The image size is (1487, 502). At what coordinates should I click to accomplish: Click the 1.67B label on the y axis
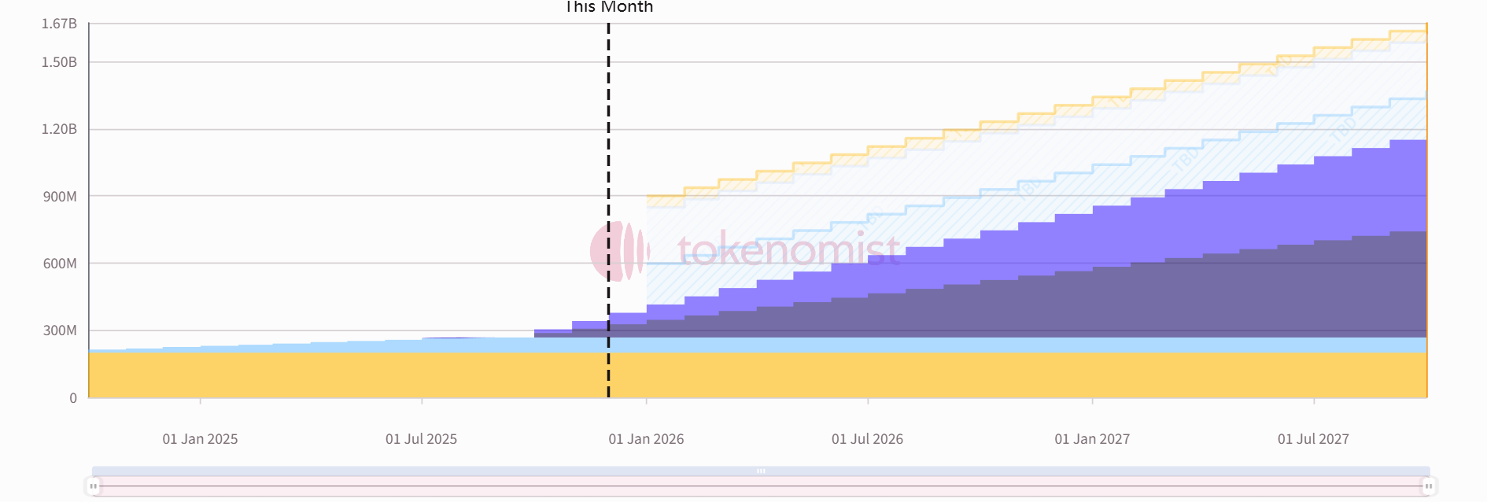59,24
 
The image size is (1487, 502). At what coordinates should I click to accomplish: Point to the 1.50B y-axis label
59,62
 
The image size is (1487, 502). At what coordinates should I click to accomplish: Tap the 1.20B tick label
59,129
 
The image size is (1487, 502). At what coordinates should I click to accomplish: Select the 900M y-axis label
60,196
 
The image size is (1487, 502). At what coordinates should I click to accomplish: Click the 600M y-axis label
60,264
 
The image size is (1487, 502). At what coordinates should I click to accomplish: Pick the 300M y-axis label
60,330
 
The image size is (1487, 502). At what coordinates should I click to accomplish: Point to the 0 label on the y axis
73,398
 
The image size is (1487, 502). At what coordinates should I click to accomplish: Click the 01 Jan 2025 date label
200,439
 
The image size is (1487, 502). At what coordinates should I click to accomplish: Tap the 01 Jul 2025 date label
421,439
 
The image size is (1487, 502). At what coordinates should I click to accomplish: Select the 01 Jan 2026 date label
646,439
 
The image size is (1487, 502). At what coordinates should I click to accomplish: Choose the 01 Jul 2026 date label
867,439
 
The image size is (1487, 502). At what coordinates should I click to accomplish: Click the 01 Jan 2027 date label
1092,439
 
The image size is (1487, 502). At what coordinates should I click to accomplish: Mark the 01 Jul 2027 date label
1313,439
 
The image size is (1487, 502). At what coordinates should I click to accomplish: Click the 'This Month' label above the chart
609,7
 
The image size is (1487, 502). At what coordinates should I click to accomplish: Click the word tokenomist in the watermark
788,250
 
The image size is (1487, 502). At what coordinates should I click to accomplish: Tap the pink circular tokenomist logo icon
618,251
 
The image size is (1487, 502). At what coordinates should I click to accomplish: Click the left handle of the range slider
94,486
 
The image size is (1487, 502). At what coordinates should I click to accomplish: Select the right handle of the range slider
1428,486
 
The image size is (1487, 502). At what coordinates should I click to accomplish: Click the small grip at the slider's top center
761,471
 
